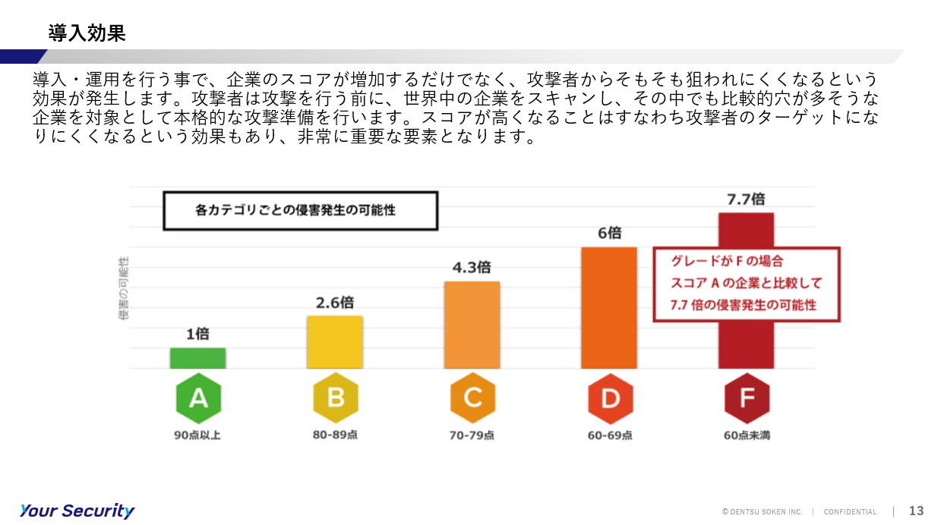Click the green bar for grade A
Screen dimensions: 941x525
click(198, 358)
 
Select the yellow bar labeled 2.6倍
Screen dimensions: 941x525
click(335, 342)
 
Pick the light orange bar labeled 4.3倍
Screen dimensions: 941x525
click(472, 325)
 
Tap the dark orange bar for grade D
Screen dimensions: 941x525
click(609, 307)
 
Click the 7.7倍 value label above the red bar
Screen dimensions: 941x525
click(746, 199)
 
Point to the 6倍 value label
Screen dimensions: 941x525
click(610, 233)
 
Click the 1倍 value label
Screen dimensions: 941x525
click(198, 334)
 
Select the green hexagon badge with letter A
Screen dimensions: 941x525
click(198, 398)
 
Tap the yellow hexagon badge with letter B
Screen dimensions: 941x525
click(336, 398)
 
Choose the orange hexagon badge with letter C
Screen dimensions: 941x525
click(472, 398)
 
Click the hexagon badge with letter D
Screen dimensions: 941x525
click(610, 398)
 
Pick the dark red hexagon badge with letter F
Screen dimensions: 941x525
click(747, 398)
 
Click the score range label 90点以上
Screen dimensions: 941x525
click(197, 435)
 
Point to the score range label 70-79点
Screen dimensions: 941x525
click(472, 435)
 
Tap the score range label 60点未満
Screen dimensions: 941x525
click(747, 435)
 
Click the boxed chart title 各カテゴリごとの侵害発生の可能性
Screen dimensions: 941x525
click(295, 210)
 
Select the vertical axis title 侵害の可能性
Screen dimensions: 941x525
click(124, 288)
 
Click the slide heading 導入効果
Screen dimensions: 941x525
click(87, 33)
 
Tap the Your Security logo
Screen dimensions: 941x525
click(77, 511)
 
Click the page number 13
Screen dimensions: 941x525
click(917, 511)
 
